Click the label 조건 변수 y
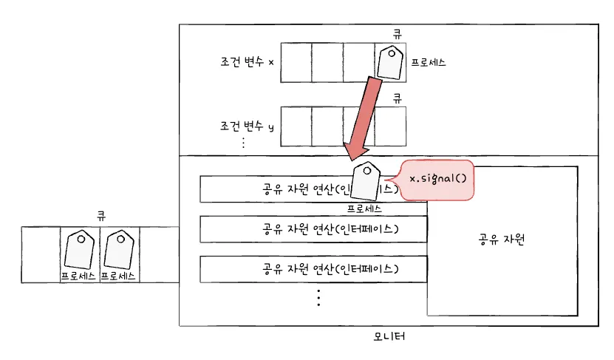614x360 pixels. pos(247,126)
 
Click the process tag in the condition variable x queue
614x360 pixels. pos(389,63)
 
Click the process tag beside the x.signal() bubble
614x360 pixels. pos(365,182)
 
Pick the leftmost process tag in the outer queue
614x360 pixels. pos(78,250)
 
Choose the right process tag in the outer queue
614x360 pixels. pos(118,250)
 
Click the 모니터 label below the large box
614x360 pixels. pos(389,336)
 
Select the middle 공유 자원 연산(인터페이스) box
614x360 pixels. pos(314,228)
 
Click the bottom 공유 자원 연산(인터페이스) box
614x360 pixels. pos(314,268)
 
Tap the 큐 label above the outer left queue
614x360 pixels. pos(100,216)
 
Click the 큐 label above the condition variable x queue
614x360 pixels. pos(396,33)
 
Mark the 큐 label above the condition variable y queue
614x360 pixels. pos(396,97)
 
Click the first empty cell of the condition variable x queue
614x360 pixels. pos(296,62)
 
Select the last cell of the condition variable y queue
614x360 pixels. pos(390,126)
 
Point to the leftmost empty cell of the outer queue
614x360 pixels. pos(41,255)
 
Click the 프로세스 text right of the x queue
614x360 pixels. pos(428,62)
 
